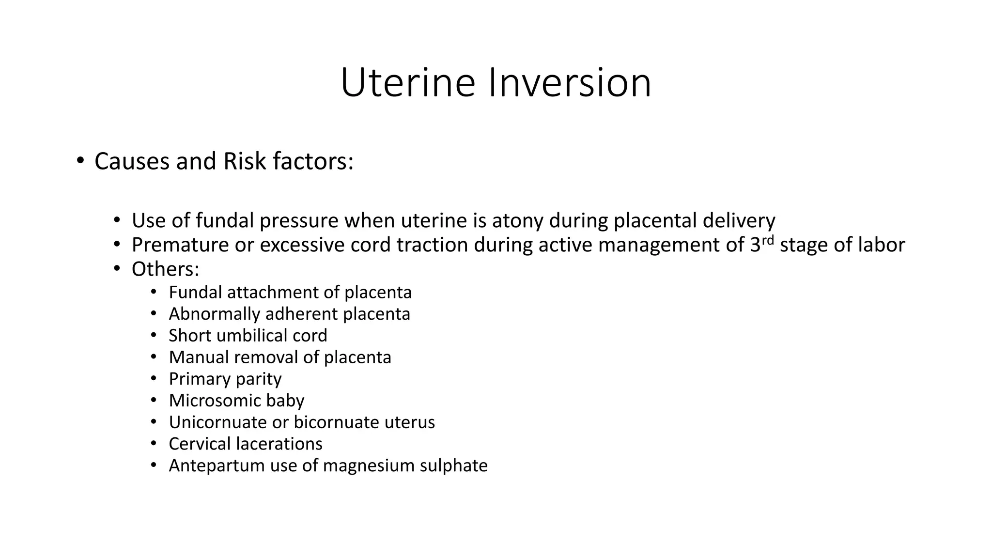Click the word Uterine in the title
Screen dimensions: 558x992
[408, 83]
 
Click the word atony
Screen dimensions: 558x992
[517, 221]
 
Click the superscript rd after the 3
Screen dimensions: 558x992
[767, 240]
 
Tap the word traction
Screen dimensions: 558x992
[432, 245]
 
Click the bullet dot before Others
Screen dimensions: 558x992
[117, 269]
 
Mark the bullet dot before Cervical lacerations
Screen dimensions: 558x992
[154, 443]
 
